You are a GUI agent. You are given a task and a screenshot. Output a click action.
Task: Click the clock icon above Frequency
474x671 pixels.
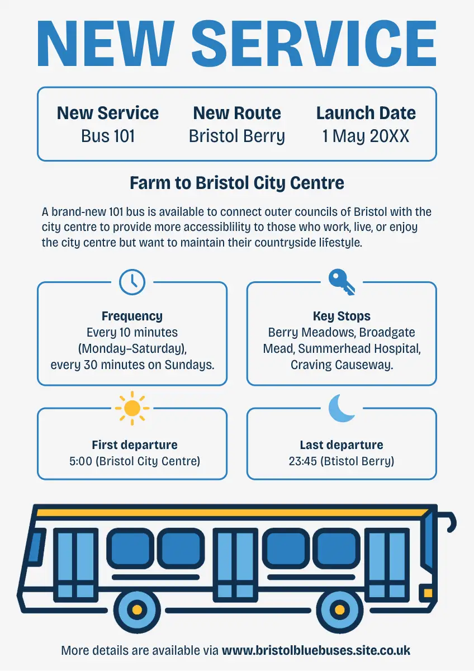(132, 281)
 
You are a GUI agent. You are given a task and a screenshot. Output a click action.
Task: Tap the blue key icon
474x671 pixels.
(341, 281)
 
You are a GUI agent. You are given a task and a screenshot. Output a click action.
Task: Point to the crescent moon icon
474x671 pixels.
(342, 408)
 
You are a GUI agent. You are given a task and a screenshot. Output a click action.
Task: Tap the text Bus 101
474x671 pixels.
(108, 136)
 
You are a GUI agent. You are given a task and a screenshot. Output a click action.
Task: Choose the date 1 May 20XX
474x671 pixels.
(366, 136)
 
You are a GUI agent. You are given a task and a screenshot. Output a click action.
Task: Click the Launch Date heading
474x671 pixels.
(366, 113)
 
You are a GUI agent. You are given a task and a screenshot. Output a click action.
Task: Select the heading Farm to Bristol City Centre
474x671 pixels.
(237, 183)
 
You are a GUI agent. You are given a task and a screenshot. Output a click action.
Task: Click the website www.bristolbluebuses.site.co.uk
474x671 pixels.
(316, 650)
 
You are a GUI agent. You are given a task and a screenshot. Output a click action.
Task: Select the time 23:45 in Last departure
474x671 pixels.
(302, 461)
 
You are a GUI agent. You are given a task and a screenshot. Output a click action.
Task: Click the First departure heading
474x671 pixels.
(135, 445)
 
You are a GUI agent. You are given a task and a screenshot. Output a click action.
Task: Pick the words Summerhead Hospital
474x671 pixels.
(359, 349)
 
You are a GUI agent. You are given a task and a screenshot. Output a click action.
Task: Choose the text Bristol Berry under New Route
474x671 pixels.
(237, 136)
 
